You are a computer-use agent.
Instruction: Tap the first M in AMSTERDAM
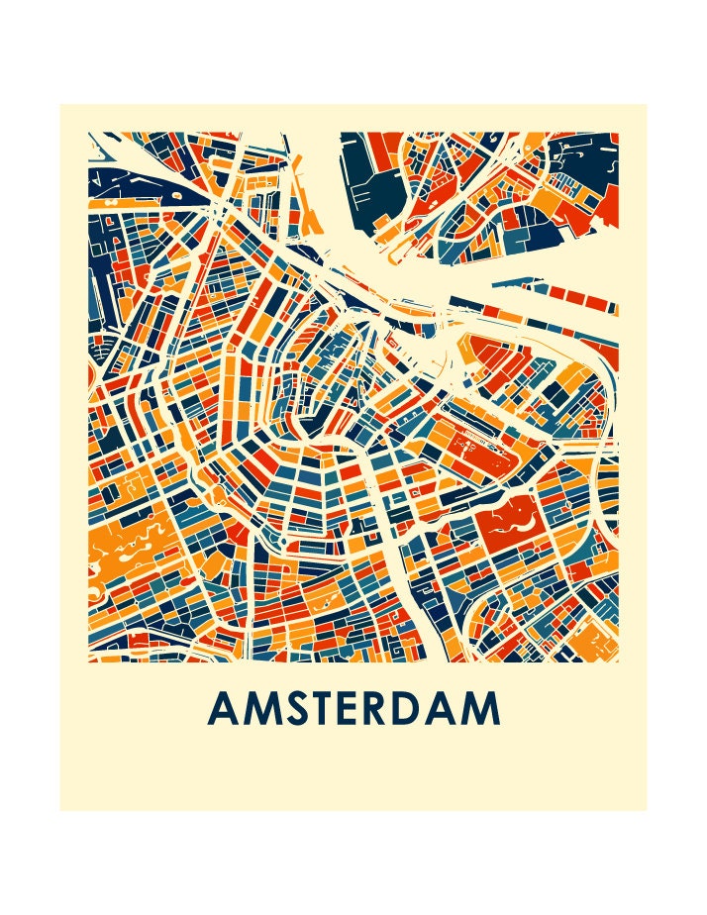[x=261, y=709]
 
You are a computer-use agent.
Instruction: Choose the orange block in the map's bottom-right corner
[x=598, y=634]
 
